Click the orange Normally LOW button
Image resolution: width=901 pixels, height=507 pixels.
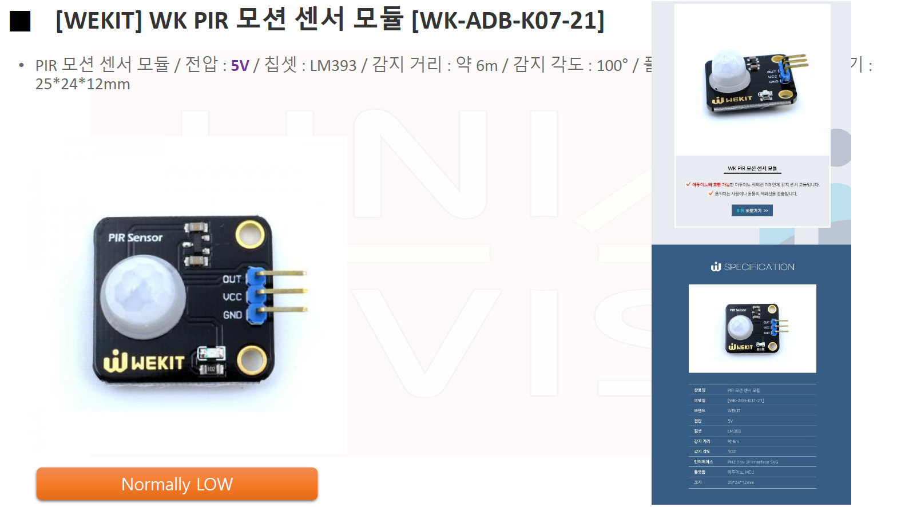(177, 484)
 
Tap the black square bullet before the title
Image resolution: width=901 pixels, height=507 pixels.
(20, 21)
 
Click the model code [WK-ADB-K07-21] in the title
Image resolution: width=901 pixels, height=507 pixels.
(507, 21)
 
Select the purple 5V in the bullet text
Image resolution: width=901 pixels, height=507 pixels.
(240, 66)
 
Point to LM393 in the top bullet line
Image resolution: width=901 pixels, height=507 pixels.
(333, 66)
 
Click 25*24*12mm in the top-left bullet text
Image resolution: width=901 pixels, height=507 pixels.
(83, 84)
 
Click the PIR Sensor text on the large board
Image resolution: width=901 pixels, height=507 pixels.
(136, 237)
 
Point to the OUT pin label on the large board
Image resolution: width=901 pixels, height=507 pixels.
(232, 279)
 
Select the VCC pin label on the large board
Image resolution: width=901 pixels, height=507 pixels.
(232, 297)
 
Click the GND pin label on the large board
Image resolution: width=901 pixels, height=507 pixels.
(232, 315)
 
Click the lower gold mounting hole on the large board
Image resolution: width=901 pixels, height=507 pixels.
(251, 361)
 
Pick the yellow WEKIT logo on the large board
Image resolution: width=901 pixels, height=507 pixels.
(144, 362)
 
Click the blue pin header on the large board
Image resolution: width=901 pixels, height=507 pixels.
(256, 296)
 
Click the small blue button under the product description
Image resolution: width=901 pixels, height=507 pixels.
(752, 211)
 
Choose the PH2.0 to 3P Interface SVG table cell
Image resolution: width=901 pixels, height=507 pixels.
(752, 462)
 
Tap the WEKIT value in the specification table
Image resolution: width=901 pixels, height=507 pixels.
(733, 410)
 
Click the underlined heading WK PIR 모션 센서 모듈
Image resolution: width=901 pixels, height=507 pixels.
(752, 169)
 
